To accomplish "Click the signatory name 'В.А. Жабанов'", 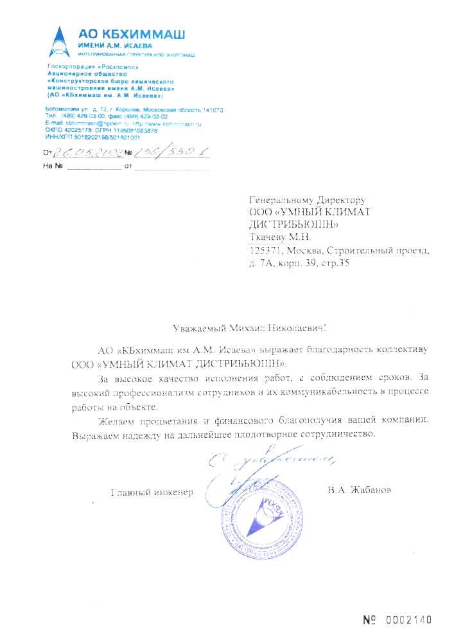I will click(358, 491).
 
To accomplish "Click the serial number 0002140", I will click(410, 620).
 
